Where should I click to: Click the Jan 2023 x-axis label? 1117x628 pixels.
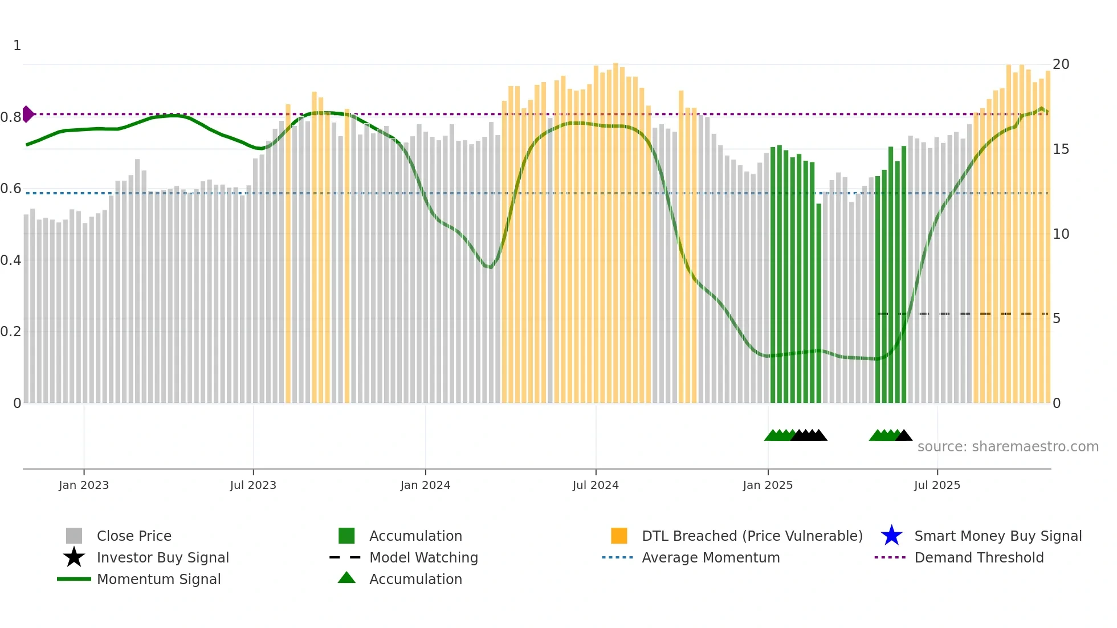pos(84,485)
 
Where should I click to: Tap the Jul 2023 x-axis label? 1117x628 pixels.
pos(253,485)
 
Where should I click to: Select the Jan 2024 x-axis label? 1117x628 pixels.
pos(425,485)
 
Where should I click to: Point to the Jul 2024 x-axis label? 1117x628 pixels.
pos(596,485)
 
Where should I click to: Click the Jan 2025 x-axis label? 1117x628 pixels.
pos(768,485)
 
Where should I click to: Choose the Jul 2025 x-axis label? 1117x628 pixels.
pos(937,485)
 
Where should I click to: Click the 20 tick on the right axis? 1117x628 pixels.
pos(1061,64)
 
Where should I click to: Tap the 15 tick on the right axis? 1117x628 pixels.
pos(1061,149)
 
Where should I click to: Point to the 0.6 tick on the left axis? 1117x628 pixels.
pos(11,189)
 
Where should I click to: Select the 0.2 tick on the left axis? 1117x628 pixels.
pos(11,332)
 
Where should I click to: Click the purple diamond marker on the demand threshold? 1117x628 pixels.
pos(27,114)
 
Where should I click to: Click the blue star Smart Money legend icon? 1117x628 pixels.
pos(891,536)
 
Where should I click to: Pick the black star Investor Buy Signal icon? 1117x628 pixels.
pos(74,557)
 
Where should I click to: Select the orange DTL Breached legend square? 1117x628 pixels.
pos(619,536)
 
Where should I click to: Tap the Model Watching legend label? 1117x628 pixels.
pos(423,557)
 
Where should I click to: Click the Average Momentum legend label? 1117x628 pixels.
pos(711,557)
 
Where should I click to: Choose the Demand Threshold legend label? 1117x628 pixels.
pos(979,557)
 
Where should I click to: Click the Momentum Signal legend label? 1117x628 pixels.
pos(158,579)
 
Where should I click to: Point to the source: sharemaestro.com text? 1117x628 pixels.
pos(1008,447)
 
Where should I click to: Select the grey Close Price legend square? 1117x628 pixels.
pos(74,536)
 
